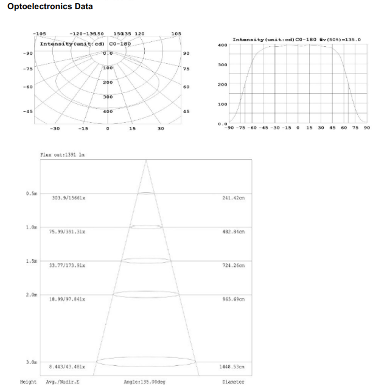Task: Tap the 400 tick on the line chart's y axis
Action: coord(222,45)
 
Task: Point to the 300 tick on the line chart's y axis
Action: coord(222,65)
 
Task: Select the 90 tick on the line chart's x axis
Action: coord(366,128)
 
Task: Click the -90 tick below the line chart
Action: coord(228,128)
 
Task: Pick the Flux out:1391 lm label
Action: coord(62,155)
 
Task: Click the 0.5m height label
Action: coord(32,193)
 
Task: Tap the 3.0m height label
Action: coord(32,362)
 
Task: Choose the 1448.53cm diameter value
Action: coord(232,367)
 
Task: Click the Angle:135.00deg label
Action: coord(145,382)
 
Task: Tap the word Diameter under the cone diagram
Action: coord(233,382)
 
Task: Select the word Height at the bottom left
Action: coord(28,382)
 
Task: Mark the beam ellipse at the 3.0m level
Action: coord(146,362)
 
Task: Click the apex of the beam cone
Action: coord(146,160)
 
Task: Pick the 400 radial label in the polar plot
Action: coord(108,112)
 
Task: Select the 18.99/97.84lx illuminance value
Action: coord(67,300)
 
